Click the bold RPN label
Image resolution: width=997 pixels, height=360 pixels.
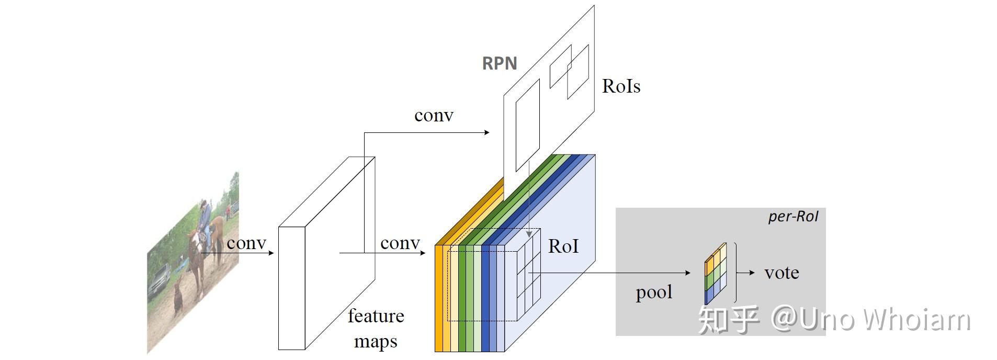click(x=499, y=63)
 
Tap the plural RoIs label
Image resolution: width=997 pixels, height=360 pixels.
click(x=621, y=86)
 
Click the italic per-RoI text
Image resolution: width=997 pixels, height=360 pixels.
click(x=792, y=217)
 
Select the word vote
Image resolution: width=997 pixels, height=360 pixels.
click(x=781, y=273)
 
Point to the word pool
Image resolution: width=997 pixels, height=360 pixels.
click(x=653, y=292)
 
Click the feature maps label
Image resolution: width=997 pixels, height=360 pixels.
click(x=376, y=328)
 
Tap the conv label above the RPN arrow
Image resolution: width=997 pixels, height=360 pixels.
click(x=433, y=115)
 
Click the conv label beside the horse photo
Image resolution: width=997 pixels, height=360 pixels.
click(x=246, y=243)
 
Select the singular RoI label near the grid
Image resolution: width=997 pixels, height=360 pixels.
click(x=563, y=246)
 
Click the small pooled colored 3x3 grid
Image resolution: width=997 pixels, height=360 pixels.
click(x=716, y=274)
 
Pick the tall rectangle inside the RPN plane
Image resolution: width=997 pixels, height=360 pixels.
click(x=527, y=126)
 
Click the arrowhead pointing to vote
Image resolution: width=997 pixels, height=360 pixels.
click(x=752, y=273)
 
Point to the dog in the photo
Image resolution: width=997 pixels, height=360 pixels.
click(x=178, y=298)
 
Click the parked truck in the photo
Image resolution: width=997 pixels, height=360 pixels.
click(x=159, y=280)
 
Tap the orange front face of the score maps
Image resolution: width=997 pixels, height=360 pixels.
click(x=439, y=298)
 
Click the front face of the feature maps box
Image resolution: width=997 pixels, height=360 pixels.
click(x=291, y=288)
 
